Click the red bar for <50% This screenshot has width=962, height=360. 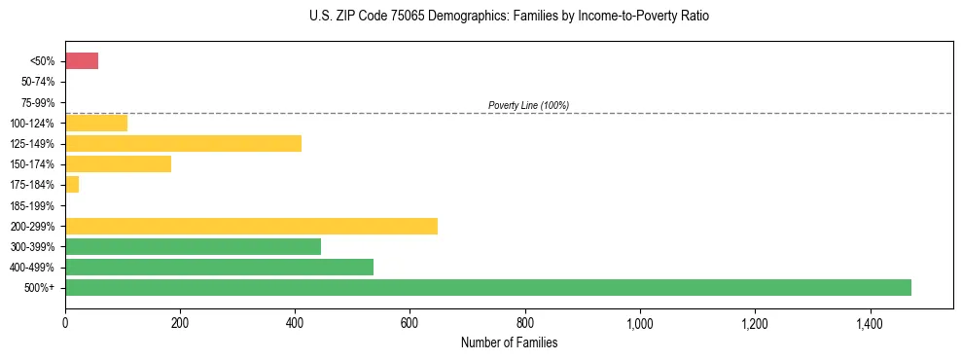[x=82, y=61]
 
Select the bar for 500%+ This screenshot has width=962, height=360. [x=488, y=287]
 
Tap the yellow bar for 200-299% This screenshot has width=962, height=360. [x=251, y=226]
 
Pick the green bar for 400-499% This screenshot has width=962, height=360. [x=219, y=267]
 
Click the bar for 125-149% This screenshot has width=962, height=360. [x=183, y=144]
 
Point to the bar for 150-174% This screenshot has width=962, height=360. [x=118, y=164]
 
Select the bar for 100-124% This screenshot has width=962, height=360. [x=96, y=123]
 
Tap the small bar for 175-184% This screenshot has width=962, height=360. [x=72, y=185]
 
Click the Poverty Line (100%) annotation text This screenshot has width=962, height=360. [x=528, y=105]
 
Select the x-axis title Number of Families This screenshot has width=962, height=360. [x=509, y=342]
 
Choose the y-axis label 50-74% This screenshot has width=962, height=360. [x=38, y=82]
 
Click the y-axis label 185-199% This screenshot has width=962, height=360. [x=35, y=205]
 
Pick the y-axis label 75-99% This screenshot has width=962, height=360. [x=38, y=102]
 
